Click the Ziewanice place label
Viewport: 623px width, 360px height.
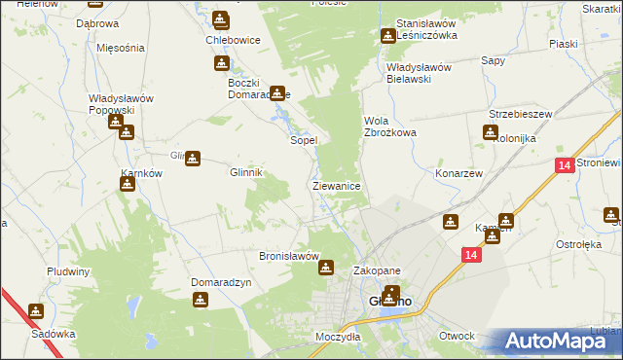click(x=337, y=185)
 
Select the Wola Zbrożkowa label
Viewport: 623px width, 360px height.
click(x=389, y=126)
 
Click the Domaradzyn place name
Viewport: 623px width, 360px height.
click(x=221, y=282)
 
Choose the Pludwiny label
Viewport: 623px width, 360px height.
click(x=68, y=271)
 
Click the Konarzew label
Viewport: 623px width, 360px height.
click(x=460, y=172)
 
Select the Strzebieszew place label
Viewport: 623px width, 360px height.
click(x=521, y=114)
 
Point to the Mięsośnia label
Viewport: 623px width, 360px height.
click(x=121, y=47)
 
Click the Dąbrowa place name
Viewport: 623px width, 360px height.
click(x=96, y=23)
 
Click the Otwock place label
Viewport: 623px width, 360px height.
click(x=457, y=336)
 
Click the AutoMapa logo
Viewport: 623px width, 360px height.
click(x=561, y=341)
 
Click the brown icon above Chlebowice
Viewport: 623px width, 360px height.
click(x=221, y=18)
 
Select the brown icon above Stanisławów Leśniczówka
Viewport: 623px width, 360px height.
click(x=387, y=36)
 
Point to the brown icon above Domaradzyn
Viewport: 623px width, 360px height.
click(x=202, y=301)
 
